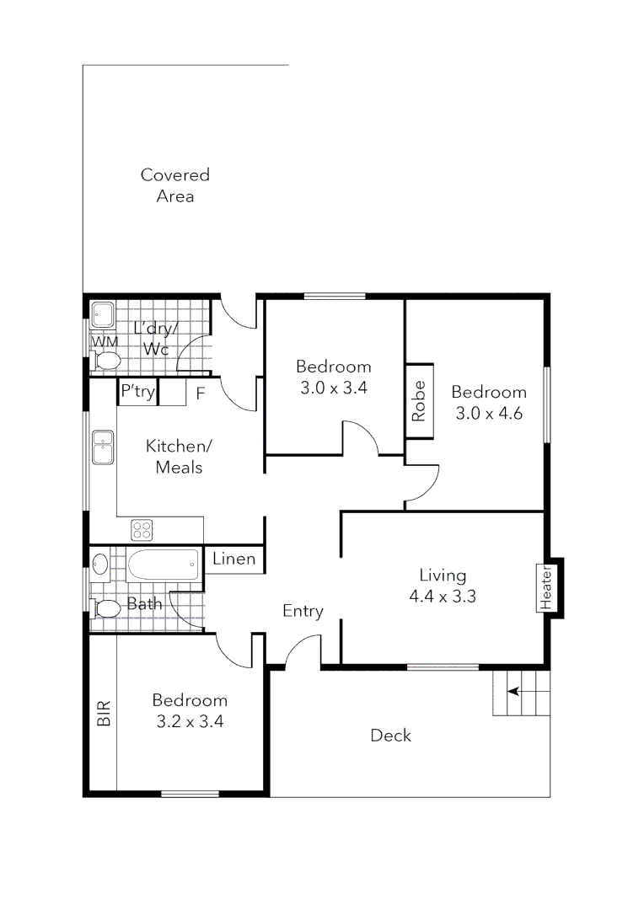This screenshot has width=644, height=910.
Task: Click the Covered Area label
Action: [x=174, y=185]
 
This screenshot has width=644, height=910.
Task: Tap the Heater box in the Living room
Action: [x=545, y=586]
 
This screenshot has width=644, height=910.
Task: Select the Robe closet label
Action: [x=419, y=401]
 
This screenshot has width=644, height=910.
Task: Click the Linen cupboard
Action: [x=233, y=559]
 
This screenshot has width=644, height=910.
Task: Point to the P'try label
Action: [x=137, y=392]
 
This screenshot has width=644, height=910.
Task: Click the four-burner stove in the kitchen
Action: [x=142, y=530]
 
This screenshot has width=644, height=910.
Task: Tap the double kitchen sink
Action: [x=104, y=447]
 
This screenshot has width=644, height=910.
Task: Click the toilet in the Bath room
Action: [x=105, y=608]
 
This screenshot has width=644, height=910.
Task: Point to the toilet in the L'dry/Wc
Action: [x=106, y=361]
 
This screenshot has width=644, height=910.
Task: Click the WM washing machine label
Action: [x=105, y=341]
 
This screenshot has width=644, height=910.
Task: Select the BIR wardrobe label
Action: [x=104, y=714]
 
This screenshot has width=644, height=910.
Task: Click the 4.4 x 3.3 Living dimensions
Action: [x=443, y=597]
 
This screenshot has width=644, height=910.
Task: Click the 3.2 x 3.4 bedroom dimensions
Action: [x=190, y=721]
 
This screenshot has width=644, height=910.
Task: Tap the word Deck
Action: [x=391, y=736]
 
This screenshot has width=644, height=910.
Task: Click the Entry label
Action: [x=303, y=612]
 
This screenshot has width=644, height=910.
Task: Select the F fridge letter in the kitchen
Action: [x=201, y=393]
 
